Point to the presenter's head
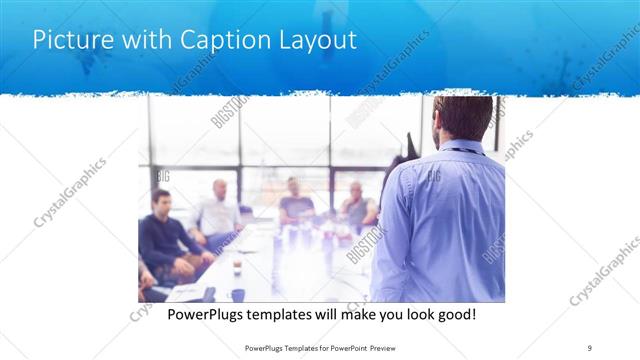(463, 118)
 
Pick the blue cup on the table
(238, 294)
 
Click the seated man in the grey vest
(357, 206)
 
